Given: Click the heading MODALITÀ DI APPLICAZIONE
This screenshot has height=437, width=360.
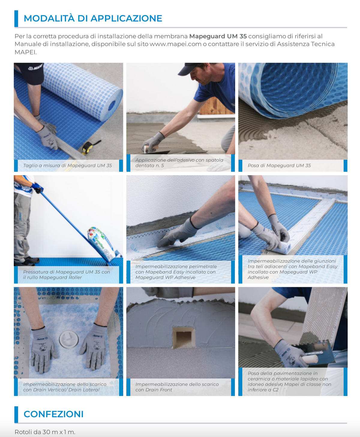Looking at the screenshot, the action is pyautogui.click(x=93, y=18).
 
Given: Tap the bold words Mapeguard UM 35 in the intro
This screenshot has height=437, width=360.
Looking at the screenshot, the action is pyautogui.click(x=218, y=36).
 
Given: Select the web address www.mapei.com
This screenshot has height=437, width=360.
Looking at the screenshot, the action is pyautogui.click(x=175, y=44).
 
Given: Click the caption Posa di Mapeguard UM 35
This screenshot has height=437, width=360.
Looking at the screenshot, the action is pyautogui.click(x=279, y=165).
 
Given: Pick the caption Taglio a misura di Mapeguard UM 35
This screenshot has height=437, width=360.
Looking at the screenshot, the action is pyautogui.click(x=67, y=165).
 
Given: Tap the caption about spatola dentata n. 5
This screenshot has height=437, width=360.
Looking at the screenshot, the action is pyautogui.click(x=179, y=163).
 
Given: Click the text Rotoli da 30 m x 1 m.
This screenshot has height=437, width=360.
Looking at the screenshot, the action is pyautogui.click(x=45, y=432).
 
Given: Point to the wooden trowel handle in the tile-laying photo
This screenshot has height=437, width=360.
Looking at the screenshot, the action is pyautogui.click(x=310, y=359).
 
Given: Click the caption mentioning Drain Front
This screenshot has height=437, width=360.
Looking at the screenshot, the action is pyautogui.click(x=177, y=387).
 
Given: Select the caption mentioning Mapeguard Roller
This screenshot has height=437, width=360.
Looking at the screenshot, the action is pyautogui.click(x=66, y=275).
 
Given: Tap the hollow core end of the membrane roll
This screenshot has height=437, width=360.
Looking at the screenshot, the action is pyautogui.click(x=112, y=106).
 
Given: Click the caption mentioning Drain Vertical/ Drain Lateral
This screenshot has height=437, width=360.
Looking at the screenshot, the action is pyautogui.click(x=65, y=387).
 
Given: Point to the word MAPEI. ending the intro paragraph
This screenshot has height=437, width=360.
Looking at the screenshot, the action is pyautogui.click(x=25, y=52).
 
